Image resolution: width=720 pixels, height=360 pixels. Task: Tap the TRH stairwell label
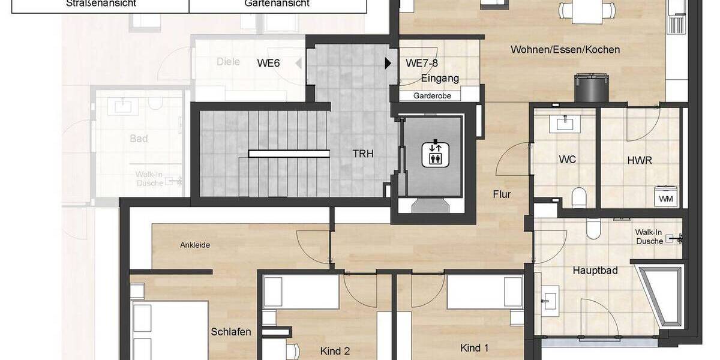coord(363,154)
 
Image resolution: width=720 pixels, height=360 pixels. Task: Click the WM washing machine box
coord(666,198)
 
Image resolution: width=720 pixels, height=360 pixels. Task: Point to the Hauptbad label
coord(595,271)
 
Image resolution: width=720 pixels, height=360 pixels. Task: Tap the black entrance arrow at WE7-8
coord(388,62)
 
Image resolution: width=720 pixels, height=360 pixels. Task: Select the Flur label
coord(502,194)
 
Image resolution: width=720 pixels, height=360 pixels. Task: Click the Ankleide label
coord(195,245)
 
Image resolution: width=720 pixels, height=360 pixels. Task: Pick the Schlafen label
coord(231,332)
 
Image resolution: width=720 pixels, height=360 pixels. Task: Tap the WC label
coord(567,160)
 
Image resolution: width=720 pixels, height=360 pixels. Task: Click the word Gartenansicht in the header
coord(277,4)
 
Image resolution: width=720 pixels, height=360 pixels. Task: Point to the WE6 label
coord(268,62)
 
